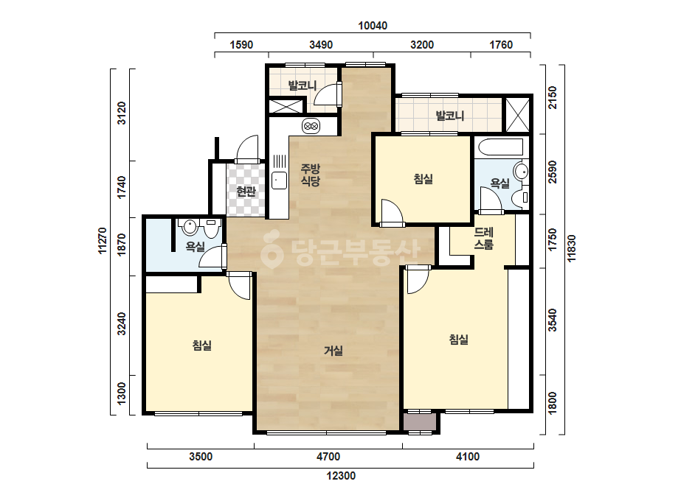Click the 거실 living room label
pos(333,351)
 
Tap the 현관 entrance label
pos(246,191)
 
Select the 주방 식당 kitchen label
pos(311,175)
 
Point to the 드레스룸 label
pos(483,239)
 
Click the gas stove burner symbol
pos(311,126)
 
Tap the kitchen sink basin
pos(280,180)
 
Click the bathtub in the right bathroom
pos(500,147)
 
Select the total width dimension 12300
pos(341,476)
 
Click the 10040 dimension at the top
pos(373,26)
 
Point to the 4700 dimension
pos(328,457)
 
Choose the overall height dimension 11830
pos(572,248)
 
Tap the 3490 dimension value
pos(321,45)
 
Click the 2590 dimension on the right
pos(552,172)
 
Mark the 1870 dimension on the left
pos(122,245)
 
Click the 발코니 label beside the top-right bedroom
pos(450,116)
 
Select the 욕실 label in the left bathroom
pos(195,247)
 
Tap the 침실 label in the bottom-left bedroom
pos(202,346)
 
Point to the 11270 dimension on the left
pos(103,241)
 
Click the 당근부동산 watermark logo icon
pos(272,250)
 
